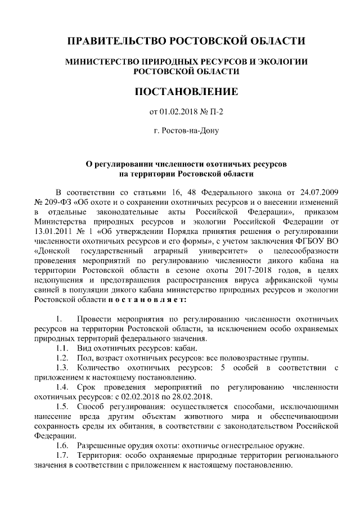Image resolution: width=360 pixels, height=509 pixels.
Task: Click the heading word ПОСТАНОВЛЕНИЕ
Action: [x=186, y=91]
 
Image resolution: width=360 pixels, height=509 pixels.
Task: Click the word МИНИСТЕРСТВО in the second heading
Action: [x=113, y=61]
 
